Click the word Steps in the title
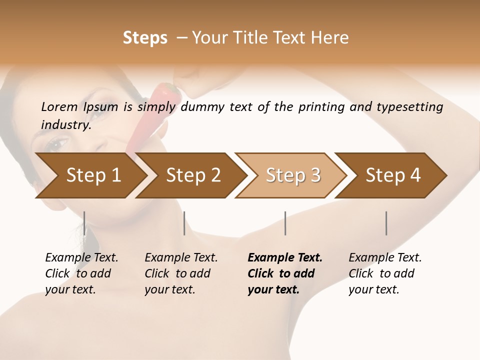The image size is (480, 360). [145, 38]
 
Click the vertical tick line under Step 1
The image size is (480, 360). [84, 223]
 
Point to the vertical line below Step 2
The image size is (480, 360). [184, 223]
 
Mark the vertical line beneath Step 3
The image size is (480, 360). [285, 223]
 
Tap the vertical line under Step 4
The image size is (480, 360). [386, 223]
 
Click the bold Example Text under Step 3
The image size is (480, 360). [285, 273]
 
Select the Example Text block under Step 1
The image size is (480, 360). [81, 273]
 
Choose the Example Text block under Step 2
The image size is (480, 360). [181, 273]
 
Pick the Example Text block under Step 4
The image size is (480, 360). [385, 273]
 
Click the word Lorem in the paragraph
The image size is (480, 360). [59, 106]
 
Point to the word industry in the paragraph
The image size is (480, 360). [66, 124]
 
